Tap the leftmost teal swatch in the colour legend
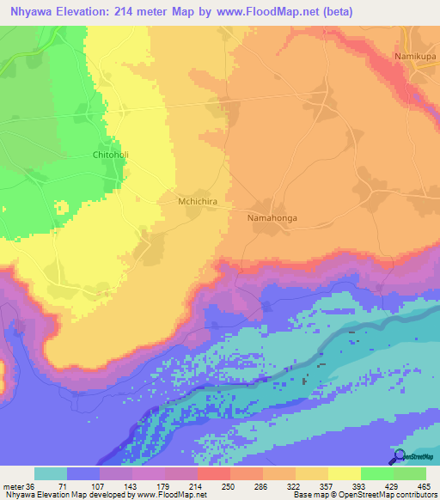51,473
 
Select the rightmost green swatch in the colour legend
410,473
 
